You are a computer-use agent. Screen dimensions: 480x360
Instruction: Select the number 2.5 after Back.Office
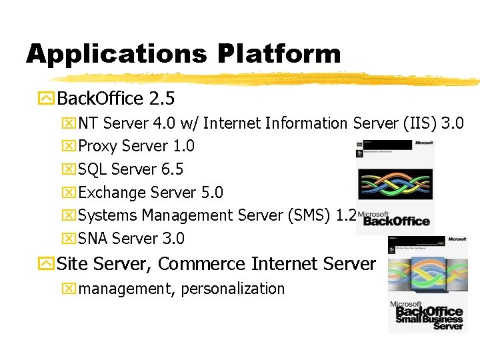point(162,99)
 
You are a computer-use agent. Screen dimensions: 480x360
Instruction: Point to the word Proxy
point(97,146)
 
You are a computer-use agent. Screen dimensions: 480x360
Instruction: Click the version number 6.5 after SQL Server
point(172,169)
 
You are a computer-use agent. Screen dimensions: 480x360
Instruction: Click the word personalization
point(233,289)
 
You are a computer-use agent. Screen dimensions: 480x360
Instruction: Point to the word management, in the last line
point(126,289)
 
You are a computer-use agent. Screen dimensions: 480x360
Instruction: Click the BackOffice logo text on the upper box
point(396,220)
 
